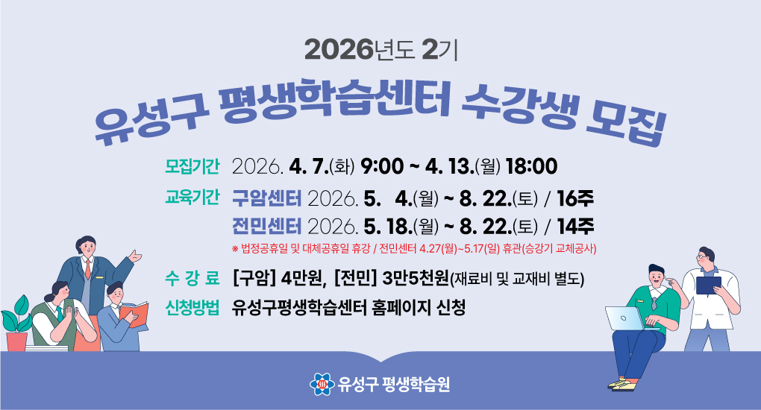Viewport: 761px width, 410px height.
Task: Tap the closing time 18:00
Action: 531,165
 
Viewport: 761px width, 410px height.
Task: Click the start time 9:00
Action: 381,165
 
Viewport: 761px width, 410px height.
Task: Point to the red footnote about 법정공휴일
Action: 417,248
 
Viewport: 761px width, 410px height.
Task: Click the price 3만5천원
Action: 414,280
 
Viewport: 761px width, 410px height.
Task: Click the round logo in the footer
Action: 322,385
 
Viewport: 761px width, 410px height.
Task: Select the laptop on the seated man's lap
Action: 625,318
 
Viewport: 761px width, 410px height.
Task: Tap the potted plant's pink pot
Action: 16,340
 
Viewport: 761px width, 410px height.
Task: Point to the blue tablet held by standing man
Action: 707,285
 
